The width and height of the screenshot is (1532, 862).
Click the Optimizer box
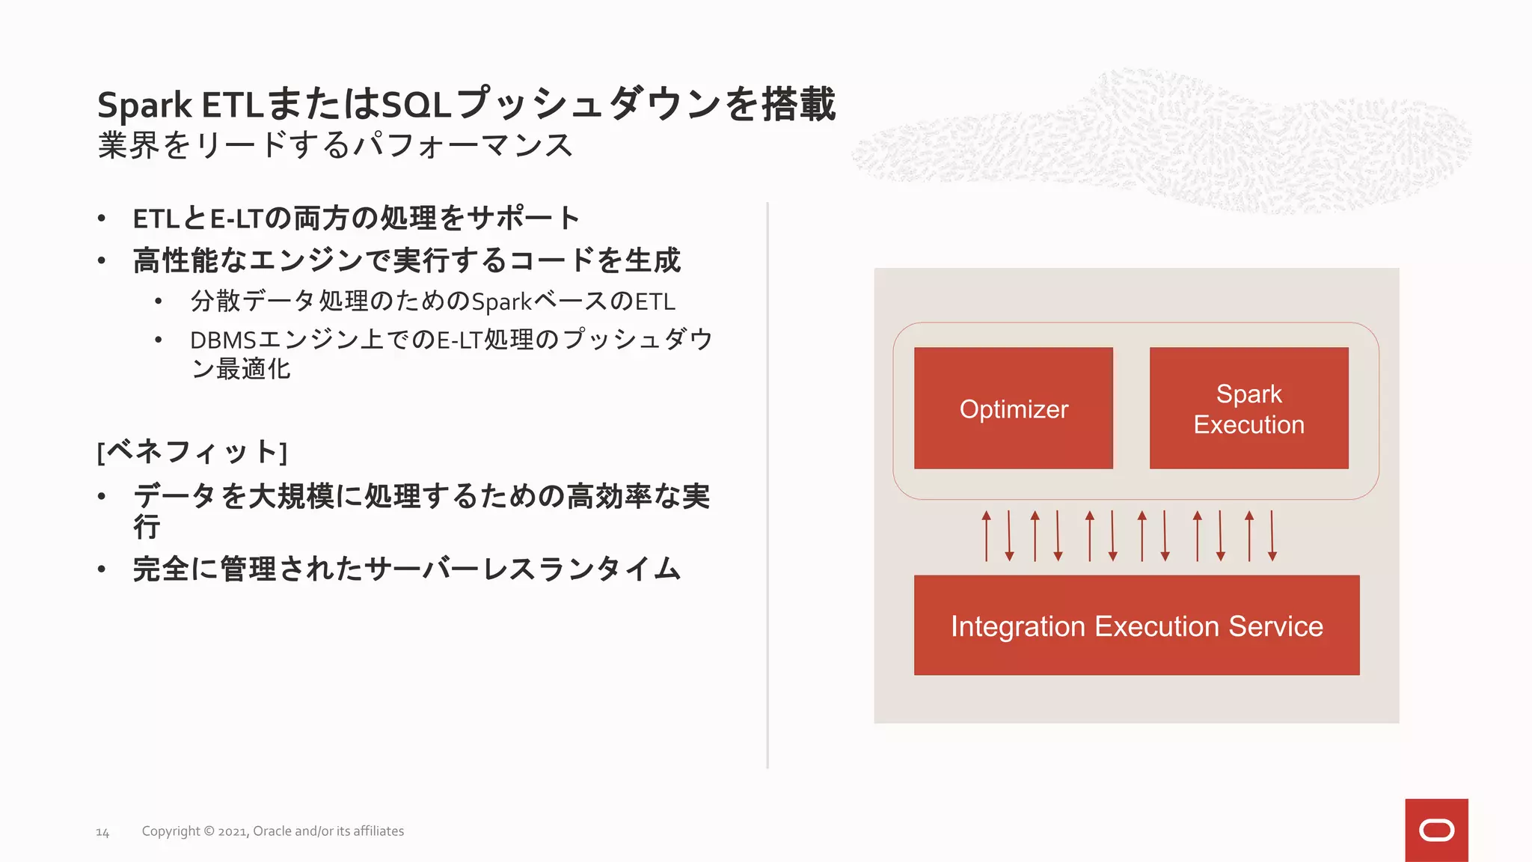(1013, 409)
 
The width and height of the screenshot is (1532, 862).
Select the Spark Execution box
(1248, 409)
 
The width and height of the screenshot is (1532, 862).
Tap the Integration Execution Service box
(1136, 626)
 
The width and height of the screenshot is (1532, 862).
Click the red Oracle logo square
(1436, 830)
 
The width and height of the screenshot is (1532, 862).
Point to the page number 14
(102, 832)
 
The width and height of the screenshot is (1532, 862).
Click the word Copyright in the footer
(171, 831)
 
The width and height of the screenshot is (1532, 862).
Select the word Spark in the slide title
(144, 105)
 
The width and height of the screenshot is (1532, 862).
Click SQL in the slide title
(416, 105)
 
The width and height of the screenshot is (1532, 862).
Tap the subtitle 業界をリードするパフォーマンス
(335, 145)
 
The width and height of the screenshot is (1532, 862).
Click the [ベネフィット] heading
(192, 452)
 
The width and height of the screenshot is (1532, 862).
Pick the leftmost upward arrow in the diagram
(987, 535)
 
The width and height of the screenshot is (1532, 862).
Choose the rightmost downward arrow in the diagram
(1272, 535)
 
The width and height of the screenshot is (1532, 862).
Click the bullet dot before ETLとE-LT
(102, 218)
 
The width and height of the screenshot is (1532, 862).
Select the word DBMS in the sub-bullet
(223, 340)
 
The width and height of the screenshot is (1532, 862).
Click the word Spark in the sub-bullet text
(501, 302)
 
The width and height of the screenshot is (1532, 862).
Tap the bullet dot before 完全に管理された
(102, 569)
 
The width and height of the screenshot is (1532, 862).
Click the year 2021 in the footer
(232, 831)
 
